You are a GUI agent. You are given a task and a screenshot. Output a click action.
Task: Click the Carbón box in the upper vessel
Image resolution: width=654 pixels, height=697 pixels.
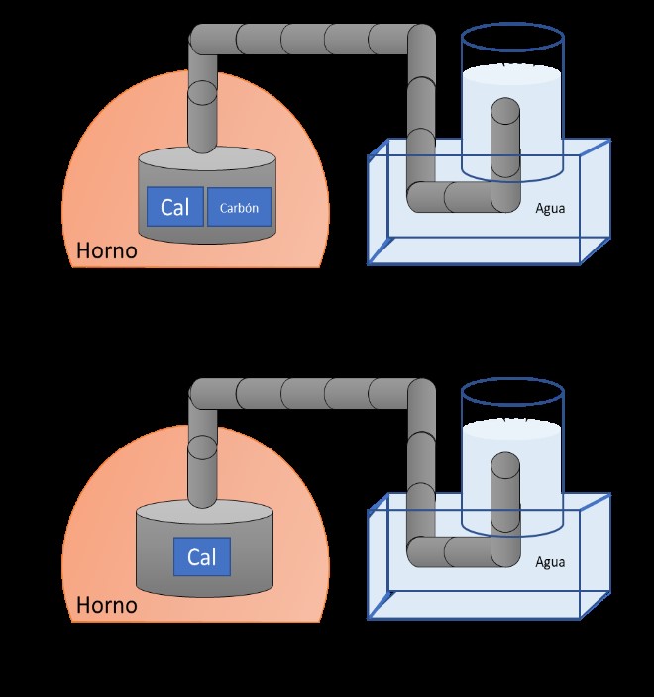coord(240,208)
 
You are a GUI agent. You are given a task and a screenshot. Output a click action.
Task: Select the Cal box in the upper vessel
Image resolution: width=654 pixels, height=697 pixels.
coord(175,207)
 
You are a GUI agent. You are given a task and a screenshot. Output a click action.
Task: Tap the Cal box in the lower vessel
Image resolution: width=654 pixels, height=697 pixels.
coord(201,556)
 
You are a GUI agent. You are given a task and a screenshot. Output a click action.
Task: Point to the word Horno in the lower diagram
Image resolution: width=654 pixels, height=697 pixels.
coord(106,603)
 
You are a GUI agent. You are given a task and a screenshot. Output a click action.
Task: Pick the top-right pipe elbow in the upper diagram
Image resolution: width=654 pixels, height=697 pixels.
coord(420,42)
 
